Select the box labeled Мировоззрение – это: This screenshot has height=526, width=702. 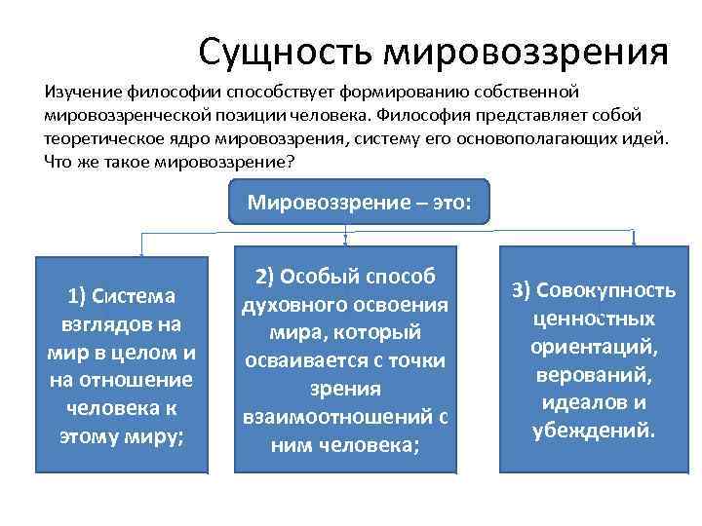359,203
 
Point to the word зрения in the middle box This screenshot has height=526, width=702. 345,390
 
